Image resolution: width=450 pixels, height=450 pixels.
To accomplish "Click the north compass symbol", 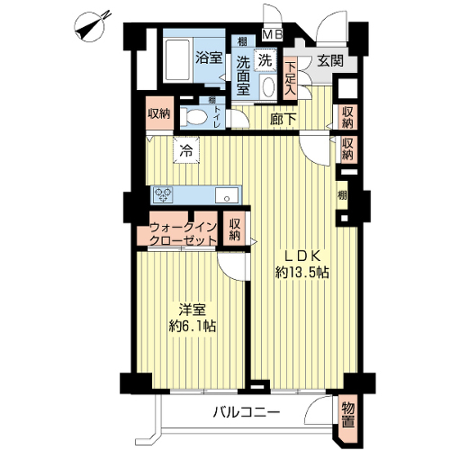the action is click(90, 26).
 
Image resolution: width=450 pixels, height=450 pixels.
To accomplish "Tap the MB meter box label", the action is click(273, 34).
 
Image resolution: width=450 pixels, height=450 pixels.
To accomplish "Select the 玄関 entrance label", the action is click(330, 61).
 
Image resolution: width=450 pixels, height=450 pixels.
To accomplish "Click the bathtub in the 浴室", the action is click(177, 61).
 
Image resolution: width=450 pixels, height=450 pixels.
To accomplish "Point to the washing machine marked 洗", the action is click(265, 59).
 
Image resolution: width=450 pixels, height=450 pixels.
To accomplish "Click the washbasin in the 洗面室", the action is click(268, 87).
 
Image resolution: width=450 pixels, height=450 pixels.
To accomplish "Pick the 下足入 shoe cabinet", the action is click(290, 78).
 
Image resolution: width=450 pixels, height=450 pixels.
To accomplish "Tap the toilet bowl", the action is click(192, 116).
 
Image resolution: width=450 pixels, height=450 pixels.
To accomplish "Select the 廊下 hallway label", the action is click(283, 119).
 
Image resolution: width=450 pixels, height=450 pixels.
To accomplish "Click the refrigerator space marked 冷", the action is click(186, 150).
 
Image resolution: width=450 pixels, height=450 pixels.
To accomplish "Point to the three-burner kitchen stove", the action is click(163, 194).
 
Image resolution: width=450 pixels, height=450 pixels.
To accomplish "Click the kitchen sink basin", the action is click(227, 195).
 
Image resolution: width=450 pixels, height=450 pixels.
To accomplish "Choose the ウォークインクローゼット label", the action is click(183, 234).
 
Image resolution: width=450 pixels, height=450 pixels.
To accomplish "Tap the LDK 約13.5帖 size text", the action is click(302, 265).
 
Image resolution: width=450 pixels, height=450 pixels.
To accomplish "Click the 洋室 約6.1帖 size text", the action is click(193, 318).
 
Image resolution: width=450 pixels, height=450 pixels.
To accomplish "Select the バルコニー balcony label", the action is click(247, 412).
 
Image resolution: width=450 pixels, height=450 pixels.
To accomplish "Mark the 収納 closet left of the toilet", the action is click(159, 113).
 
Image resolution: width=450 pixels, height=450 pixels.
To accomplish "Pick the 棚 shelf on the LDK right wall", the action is click(342, 195).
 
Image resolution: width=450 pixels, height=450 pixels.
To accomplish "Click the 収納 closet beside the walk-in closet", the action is click(235, 229).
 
